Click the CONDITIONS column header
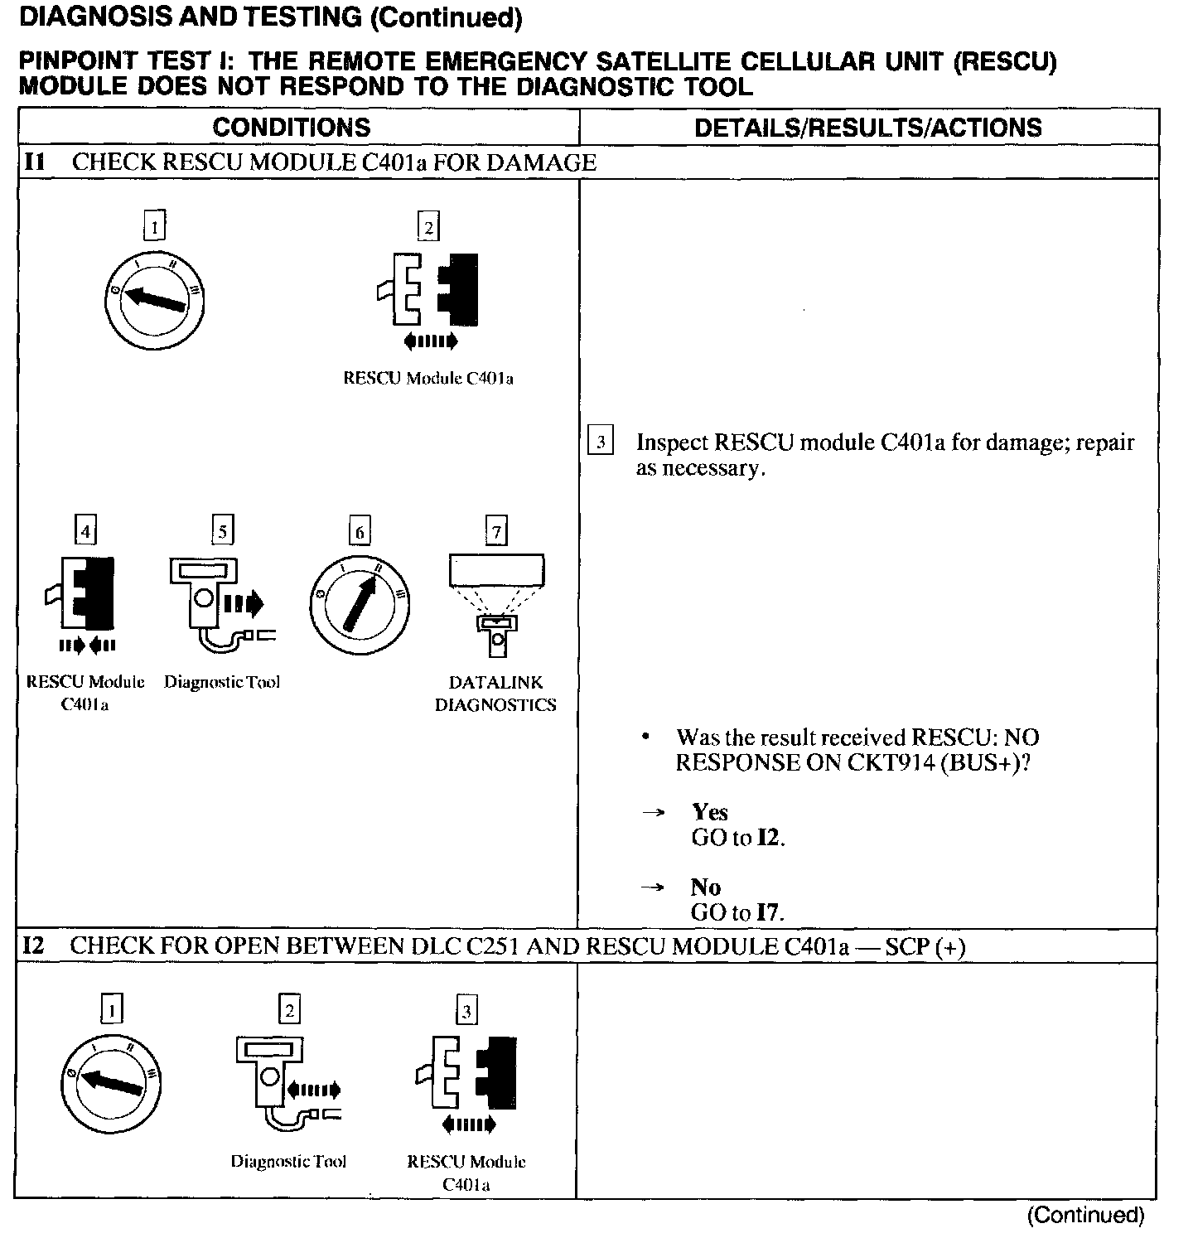coord(292,128)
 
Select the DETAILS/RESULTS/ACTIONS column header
coord(867,128)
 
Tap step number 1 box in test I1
coord(154,226)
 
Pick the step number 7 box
coord(495,530)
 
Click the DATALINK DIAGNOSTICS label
coord(495,694)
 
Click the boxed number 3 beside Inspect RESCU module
coord(600,441)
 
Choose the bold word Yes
coord(710,812)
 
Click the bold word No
coord(706,887)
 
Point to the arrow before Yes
coord(654,813)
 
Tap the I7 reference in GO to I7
coord(769,913)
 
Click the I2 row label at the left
coord(33,946)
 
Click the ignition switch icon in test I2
coord(112,1081)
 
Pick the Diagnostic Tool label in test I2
coord(288,1162)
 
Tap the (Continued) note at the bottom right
coord(1085,1216)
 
